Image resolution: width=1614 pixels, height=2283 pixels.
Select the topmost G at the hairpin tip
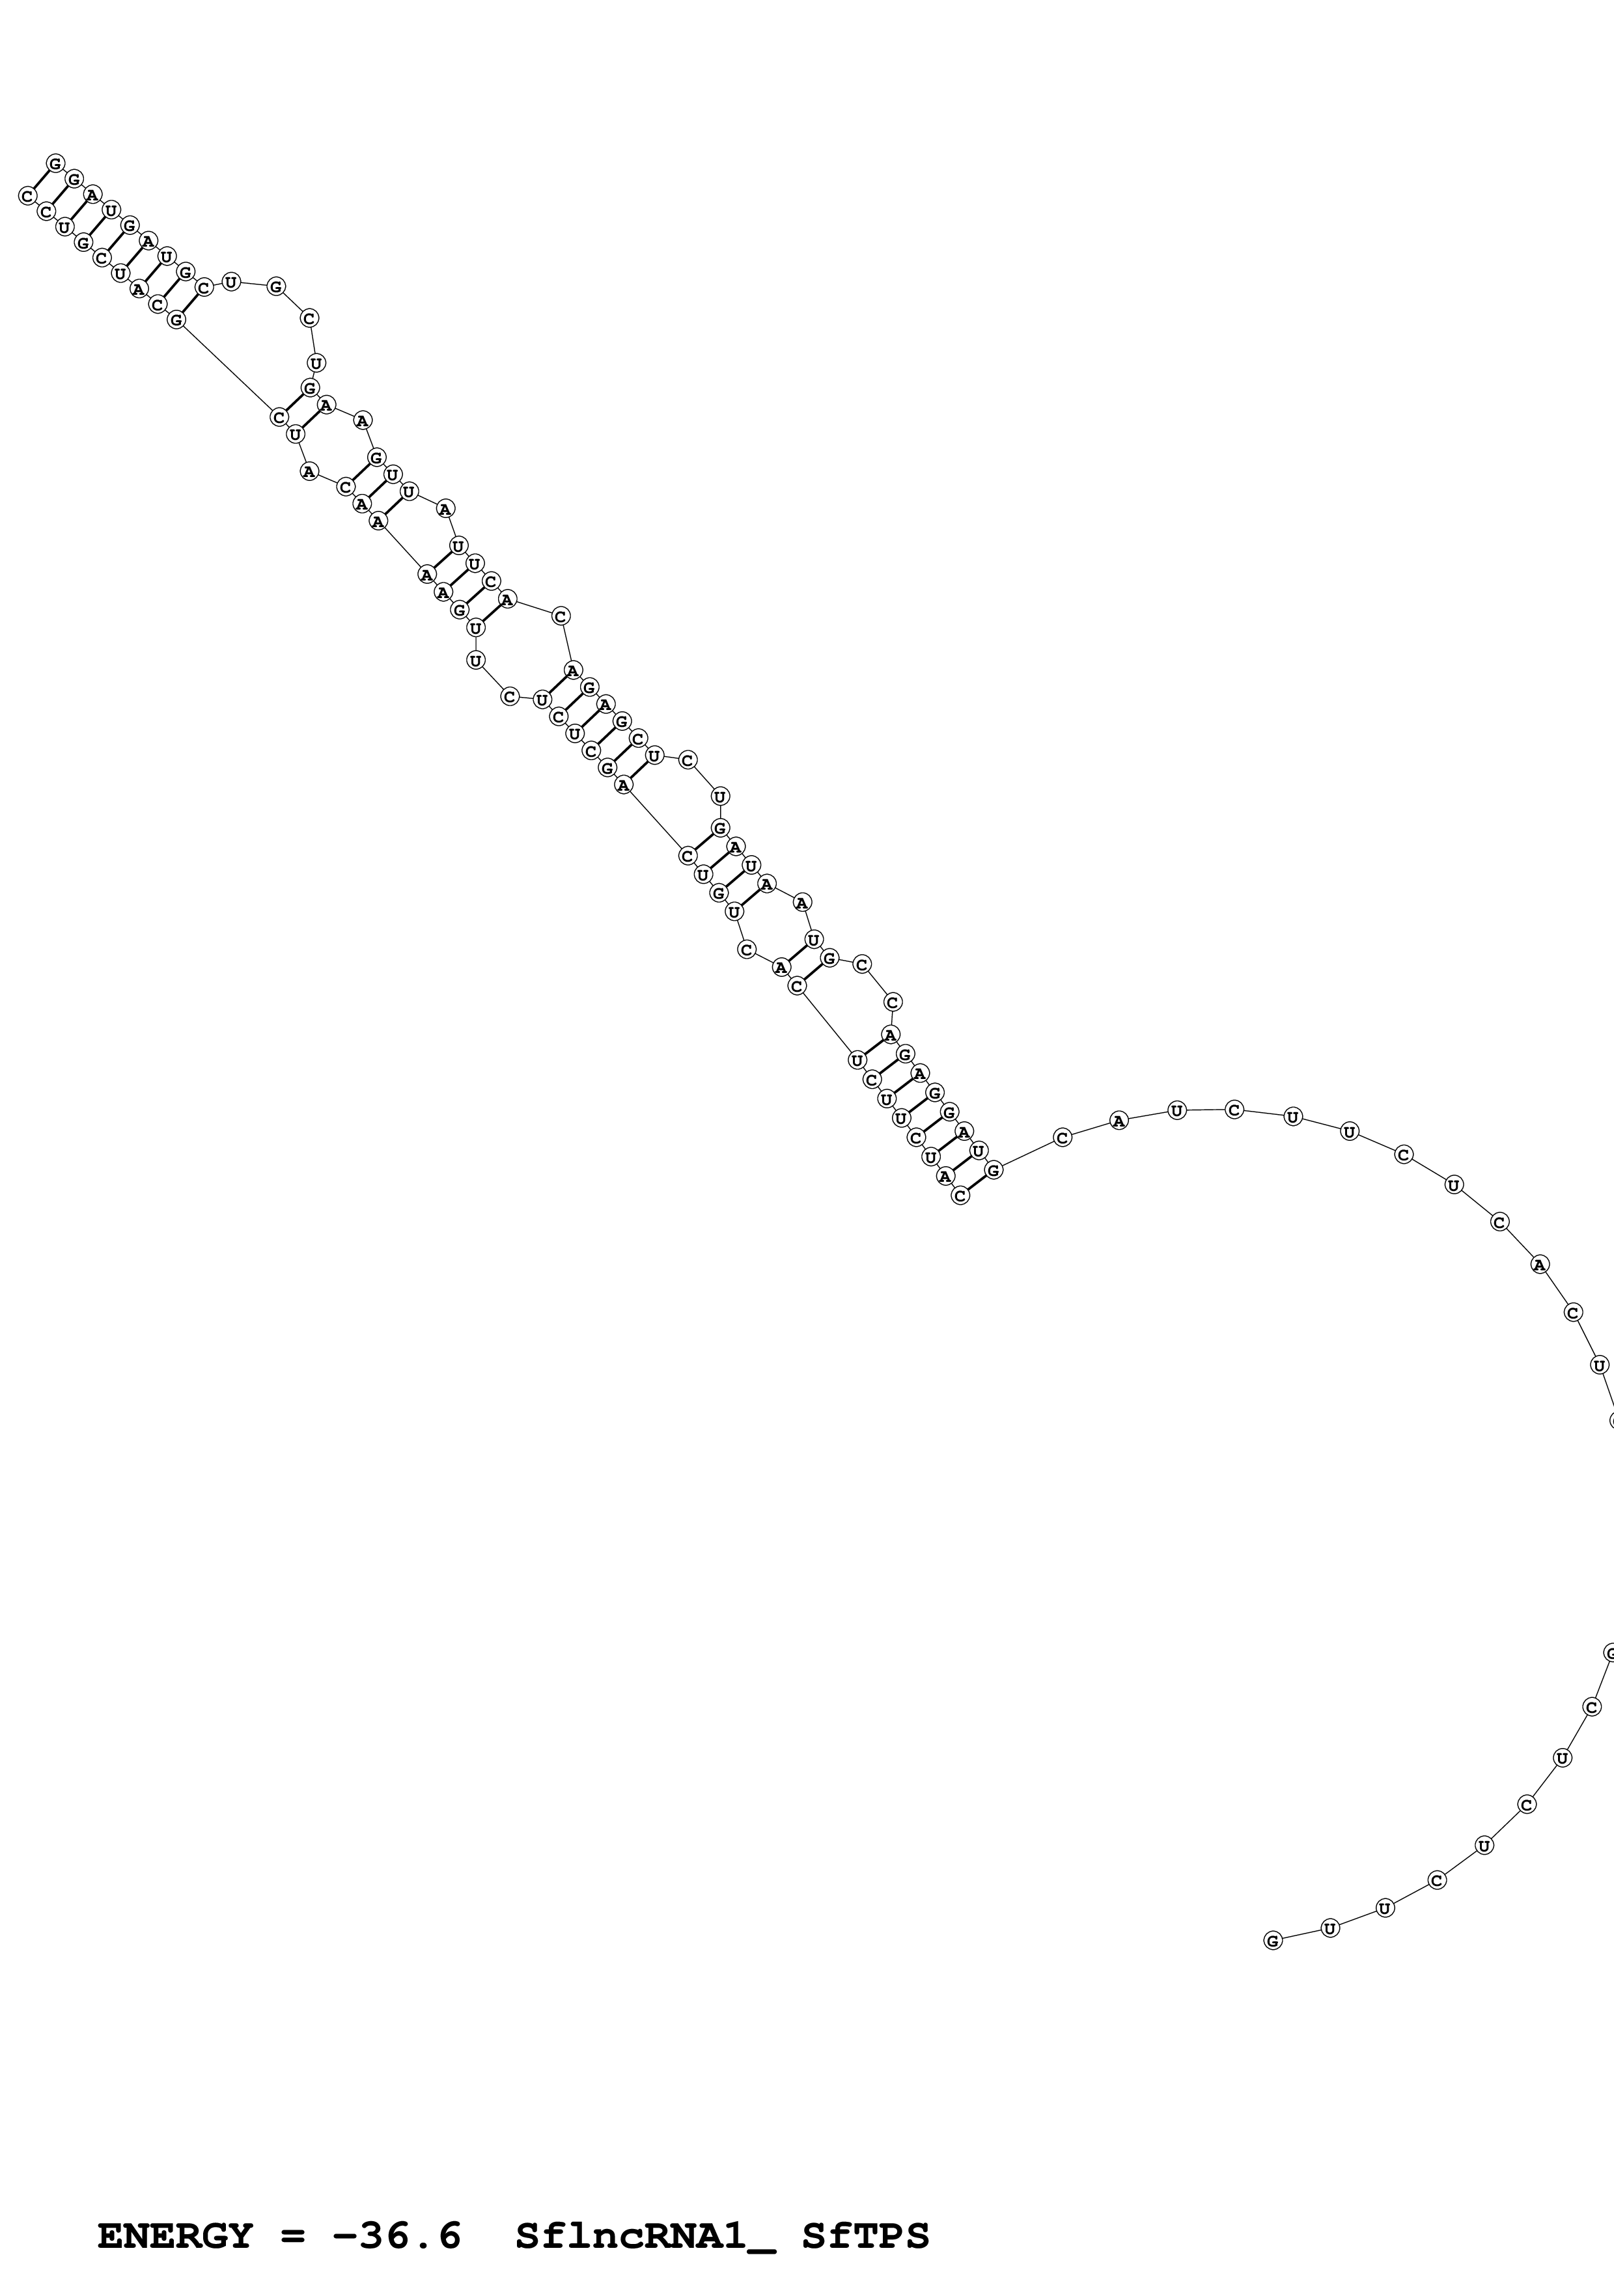point(56,162)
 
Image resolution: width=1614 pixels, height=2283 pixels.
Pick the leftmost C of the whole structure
point(27,196)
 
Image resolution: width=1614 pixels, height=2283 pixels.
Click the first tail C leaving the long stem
point(1062,1138)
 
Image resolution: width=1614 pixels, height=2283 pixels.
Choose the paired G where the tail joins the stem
point(994,1170)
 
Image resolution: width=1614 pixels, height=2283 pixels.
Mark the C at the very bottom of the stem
point(960,1196)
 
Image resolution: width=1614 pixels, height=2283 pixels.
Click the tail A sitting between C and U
point(1119,1121)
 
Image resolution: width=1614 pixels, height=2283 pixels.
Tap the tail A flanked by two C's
point(1539,1265)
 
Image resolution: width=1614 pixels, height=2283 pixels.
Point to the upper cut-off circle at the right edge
point(1610,1421)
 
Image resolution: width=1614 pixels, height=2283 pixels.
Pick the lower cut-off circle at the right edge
point(1610,1654)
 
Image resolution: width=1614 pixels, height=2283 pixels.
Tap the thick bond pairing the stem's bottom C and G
point(977,1183)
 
